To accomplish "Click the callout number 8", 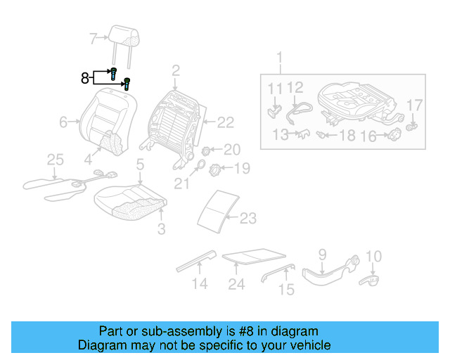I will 85,78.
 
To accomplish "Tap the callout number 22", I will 224,122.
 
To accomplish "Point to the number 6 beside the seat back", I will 63,122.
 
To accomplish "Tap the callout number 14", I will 200,284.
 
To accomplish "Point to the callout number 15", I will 286,289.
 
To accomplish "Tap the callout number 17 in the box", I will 415,105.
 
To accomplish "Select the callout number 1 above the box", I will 279,57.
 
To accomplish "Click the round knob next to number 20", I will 207,150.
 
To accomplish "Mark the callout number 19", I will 241,169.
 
